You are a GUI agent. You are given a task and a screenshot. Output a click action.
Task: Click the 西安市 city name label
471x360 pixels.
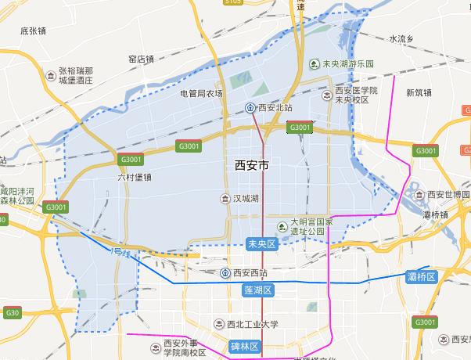pyautogui.click(x=252, y=166)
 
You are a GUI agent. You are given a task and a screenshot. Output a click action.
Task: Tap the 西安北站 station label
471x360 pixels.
pyautogui.click(x=275, y=108)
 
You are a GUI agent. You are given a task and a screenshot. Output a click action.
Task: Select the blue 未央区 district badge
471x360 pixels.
pyautogui.click(x=262, y=244)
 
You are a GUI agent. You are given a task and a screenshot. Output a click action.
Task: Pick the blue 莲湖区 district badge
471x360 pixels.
pyautogui.click(x=257, y=290)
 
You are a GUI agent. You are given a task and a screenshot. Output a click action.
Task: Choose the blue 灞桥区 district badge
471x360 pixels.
pyautogui.click(x=421, y=277)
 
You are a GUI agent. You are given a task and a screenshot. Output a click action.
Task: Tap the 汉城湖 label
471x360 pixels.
pyautogui.click(x=245, y=200)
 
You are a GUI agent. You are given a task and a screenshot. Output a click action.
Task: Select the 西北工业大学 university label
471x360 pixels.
pyautogui.click(x=252, y=324)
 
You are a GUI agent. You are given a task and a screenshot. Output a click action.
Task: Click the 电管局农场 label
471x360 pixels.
pyautogui.click(x=201, y=93)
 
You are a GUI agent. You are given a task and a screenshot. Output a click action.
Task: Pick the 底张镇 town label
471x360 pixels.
pyautogui.click(x=34, y=31)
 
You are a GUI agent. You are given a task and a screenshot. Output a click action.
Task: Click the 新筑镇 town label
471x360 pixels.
pyautogui.click(x=419, y=92)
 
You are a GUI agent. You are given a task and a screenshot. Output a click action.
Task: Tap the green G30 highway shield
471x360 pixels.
pyautogui.click(x=12, y=313)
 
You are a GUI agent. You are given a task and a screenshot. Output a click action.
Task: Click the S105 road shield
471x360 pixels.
pyautogui.click(x=232, y=2)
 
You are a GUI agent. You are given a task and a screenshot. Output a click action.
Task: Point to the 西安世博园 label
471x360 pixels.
pyautogui.click(x=448, y=194)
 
